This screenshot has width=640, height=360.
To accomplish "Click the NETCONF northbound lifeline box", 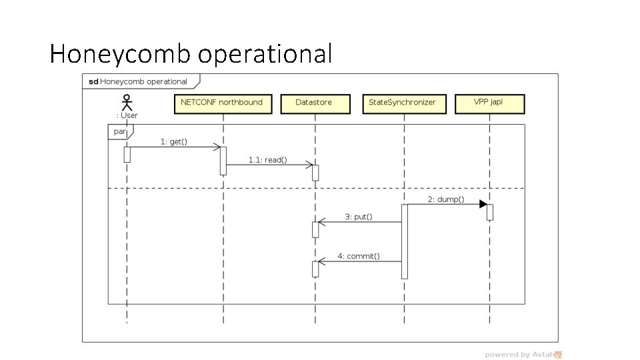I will click(x=223, y=103).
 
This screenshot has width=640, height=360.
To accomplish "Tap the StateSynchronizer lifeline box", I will click(x=403, y=103).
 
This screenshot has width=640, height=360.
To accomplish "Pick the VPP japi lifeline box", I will click(x=489, y=103).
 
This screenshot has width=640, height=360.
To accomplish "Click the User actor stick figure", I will click(x=126, y=103).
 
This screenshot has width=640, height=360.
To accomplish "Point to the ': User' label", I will click(x=127, y=115).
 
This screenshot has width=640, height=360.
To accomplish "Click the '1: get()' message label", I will click(x=173, y=141).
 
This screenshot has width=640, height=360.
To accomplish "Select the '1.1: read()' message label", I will click(x=267, y=160).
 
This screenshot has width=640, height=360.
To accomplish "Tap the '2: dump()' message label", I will click(x=446, y=199).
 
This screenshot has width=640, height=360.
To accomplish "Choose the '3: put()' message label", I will click(x=359, y=217).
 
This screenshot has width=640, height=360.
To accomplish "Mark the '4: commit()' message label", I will click(x=359, y=256).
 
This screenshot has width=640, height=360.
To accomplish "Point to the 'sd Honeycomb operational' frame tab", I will click(x=139, y=82).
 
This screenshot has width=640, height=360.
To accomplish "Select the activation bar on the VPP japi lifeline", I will click(x=490, y=212).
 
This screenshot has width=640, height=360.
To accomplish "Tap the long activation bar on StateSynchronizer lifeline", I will click(x=404, y=241).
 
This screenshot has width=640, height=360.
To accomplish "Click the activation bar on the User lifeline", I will click(x=127, y=154).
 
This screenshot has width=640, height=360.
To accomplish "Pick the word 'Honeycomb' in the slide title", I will click(x=120, y=54).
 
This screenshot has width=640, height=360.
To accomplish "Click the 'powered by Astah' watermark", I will click(x=523, y=355).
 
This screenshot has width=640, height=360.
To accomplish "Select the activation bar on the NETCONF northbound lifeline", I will click(x=223, y=161).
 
